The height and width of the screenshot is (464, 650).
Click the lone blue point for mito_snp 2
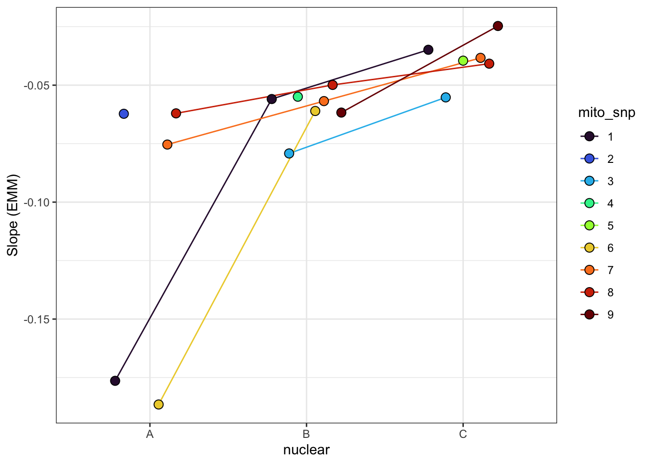click(x=124, y=114)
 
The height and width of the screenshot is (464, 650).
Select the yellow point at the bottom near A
click(x=159, y=404)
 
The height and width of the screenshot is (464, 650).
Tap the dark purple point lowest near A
click(x=115, y=380)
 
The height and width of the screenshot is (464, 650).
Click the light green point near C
click(x=463, y=60)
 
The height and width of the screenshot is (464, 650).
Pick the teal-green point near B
click(x=297, y=97)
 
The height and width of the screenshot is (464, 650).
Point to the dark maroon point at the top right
click(x=498, y=26)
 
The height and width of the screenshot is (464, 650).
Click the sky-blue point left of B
click(x=289, y=153)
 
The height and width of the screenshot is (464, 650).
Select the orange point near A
click(x=167, y=144)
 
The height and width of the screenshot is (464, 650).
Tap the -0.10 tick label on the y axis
click(x=37, y=202)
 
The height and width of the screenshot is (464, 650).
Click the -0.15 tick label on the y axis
click(x=37, y=319)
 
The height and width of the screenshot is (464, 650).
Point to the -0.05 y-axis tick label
click(x=37, y=85)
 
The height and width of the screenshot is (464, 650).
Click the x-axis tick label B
click(x=306, y=434)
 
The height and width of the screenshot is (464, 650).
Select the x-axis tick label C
click(x=463, y=434)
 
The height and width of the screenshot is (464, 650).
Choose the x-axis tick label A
click(x=150, y=434)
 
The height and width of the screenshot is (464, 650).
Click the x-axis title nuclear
click(x=306, y=450)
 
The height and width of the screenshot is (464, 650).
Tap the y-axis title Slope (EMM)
click(x=13, y=215)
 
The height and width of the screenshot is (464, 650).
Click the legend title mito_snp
click(x=606, y=113)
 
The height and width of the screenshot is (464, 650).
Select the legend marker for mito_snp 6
click(x=590, y=248)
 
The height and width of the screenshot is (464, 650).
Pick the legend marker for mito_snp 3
click(x=590, y=181)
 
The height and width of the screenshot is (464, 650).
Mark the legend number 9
click(x=610, y=315)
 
